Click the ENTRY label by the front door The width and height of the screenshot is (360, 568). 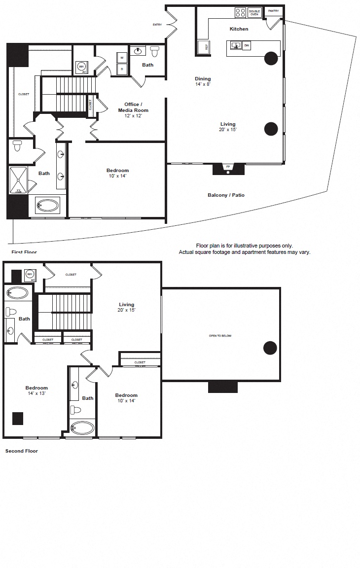tap(157, 24)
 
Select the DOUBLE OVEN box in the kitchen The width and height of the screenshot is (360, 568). tap(254, 12)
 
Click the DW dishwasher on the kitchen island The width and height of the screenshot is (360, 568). tap(247, 46)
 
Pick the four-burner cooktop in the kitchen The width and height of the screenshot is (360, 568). tap(240, 12)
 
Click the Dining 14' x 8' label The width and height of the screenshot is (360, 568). tap(203, 81)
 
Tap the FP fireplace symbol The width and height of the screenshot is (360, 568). tap(228, 168)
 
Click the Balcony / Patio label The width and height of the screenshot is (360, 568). tap(226, 195)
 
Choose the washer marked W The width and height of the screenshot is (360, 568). tap(122, 57)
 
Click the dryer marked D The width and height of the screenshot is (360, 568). tap(122, 70)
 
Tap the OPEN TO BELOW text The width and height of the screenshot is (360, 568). tap(220, 336)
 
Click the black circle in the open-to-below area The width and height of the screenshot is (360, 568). tap(270, 348)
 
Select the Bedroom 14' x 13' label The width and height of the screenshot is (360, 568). tap(37, 390)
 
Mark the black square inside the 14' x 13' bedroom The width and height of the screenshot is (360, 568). tap(18, 418)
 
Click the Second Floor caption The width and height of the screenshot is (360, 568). tap(21, 451)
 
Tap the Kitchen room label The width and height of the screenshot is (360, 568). tap(239, 29)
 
